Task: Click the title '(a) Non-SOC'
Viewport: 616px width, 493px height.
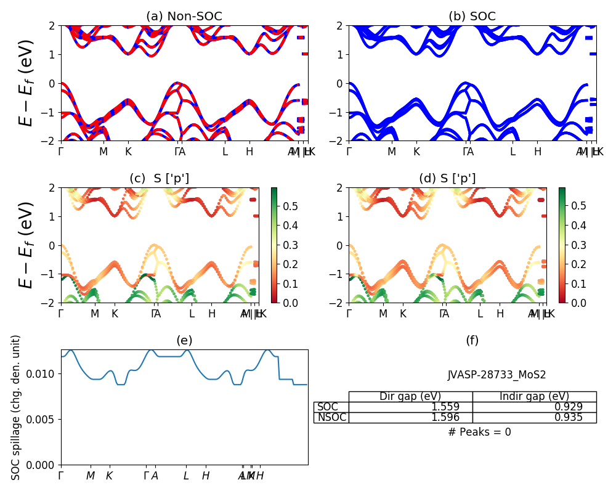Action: (184, 17)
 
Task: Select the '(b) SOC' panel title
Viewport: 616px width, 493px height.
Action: (472, 17)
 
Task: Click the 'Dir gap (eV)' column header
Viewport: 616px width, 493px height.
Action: (410, 396)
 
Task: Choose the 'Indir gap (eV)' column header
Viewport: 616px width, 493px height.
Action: (534, 396)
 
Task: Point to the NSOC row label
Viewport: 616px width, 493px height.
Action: (331, 418)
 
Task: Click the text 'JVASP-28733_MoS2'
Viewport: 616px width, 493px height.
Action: (496, 375)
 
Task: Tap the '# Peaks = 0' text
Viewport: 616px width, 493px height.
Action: (480, 432)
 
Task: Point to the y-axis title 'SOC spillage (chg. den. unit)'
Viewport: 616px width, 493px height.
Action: (17, 407)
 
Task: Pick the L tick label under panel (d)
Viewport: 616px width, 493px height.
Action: (480, 314)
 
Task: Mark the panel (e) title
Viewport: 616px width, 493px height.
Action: (184, 341)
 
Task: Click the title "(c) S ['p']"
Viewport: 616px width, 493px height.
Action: (159, 179)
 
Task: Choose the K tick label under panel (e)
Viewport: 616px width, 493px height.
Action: (109, 476)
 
